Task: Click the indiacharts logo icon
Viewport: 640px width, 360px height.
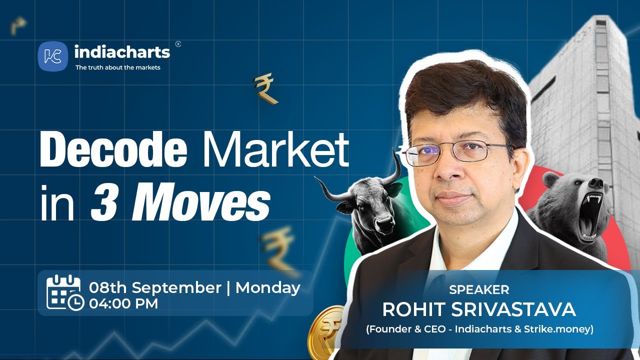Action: pyautogui.click(x=52, y=56)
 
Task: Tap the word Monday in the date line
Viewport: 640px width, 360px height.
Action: pyautogui.click(x=267, y=288)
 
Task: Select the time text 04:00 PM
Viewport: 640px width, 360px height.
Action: pyautogui.click(x=123, y=303)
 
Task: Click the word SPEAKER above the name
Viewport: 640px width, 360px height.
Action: pyautogui.click(x=479, y=289)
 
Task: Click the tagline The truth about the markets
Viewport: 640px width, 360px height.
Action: pyautogui.click(x=117, y=67)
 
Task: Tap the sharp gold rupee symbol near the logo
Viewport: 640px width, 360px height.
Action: pyautogui.click(x=264, y=89)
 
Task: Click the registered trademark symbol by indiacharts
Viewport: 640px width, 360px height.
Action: pyautogui.click(x=178, y=44)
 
